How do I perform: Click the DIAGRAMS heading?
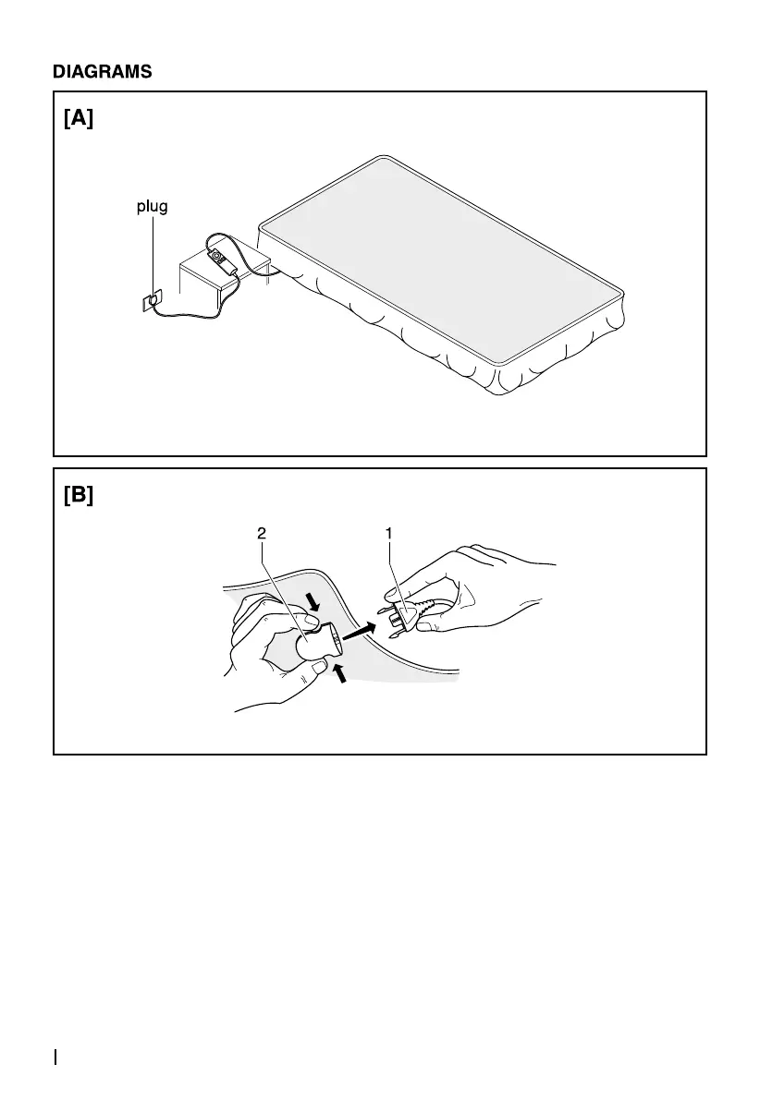102,71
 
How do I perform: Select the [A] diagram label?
79,119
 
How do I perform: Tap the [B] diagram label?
79,495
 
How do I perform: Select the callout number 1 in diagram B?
389,533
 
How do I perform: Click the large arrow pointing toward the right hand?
362,633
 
